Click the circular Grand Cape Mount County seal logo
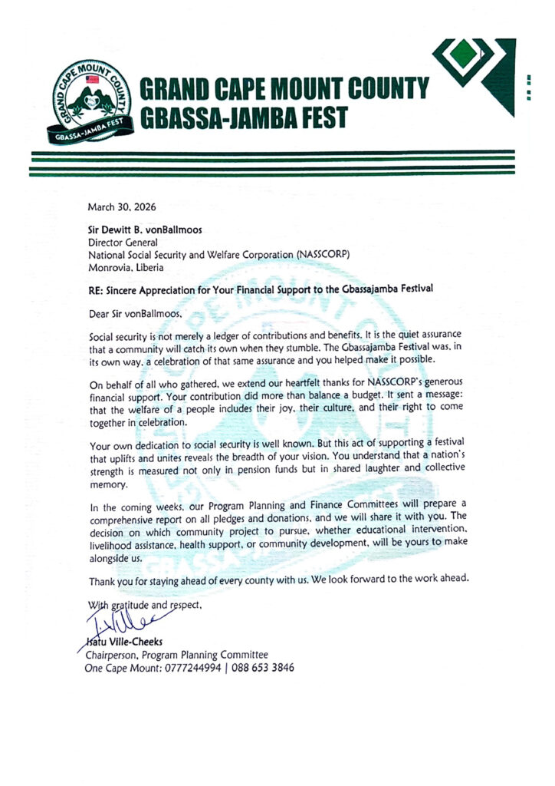90,97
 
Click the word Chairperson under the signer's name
117,655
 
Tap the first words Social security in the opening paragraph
120,338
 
